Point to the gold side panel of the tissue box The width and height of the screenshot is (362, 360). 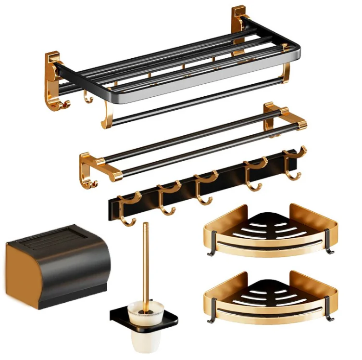click(x=19, y=270)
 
